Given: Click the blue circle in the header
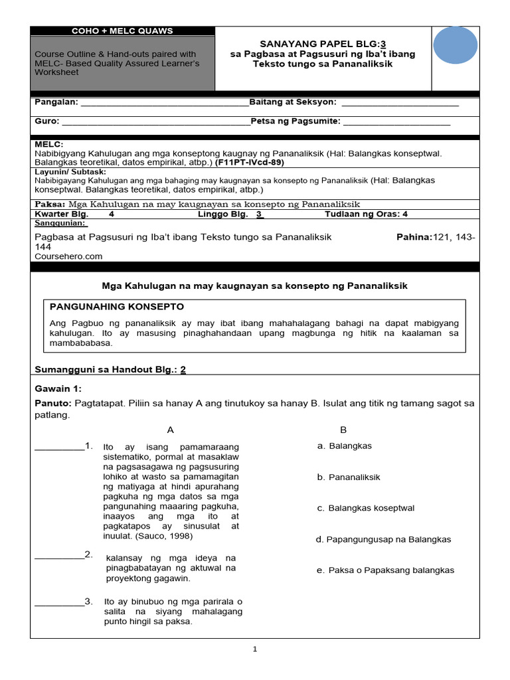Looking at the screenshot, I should point(455,48).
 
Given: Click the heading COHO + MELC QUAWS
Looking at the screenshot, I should point(122,31).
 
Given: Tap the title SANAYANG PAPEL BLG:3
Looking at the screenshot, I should point(322,44).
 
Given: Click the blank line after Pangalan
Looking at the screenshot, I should point(163,103).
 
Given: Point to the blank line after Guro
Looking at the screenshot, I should point(155,122).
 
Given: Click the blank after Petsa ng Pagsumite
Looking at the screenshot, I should point(396,122).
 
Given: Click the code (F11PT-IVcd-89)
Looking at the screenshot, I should point(250,161).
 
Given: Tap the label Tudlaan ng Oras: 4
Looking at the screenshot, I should point(366,214).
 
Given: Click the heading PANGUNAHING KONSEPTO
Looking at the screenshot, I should point(118,307).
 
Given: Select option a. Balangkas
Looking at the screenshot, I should point(345,446).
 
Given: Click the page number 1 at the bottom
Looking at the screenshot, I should point(255,649).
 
